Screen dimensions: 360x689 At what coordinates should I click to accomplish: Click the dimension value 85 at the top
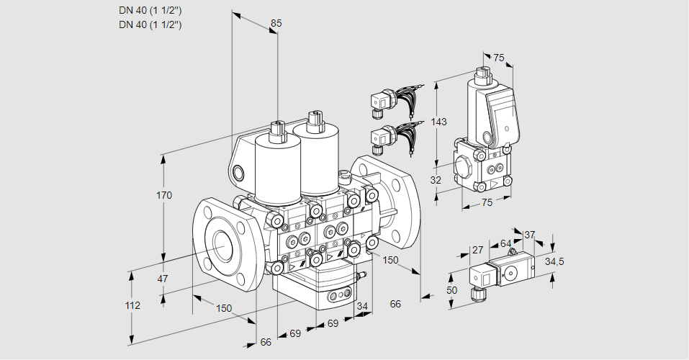click(276, 23)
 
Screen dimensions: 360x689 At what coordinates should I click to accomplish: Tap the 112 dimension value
click(132, 305)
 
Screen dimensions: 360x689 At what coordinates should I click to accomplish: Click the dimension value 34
click(362, 307)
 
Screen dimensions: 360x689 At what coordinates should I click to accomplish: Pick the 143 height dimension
click(438, 122)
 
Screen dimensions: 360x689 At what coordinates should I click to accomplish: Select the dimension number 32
click(436, 181)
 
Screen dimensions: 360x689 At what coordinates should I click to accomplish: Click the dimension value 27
click(477, 250)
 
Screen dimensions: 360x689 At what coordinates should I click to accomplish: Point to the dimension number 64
click(505, 243)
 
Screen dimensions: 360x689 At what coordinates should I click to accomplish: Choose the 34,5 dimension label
click(554, 261)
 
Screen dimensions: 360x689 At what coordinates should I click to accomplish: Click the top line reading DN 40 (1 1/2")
click(150, 11)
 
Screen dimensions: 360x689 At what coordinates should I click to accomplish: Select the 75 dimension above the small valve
click(499, 58)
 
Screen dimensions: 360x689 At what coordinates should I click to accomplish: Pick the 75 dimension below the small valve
click(487, 202)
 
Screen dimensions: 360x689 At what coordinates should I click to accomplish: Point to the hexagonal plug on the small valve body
click(464, 166)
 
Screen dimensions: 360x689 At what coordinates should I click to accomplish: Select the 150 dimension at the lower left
click(225, 308)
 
